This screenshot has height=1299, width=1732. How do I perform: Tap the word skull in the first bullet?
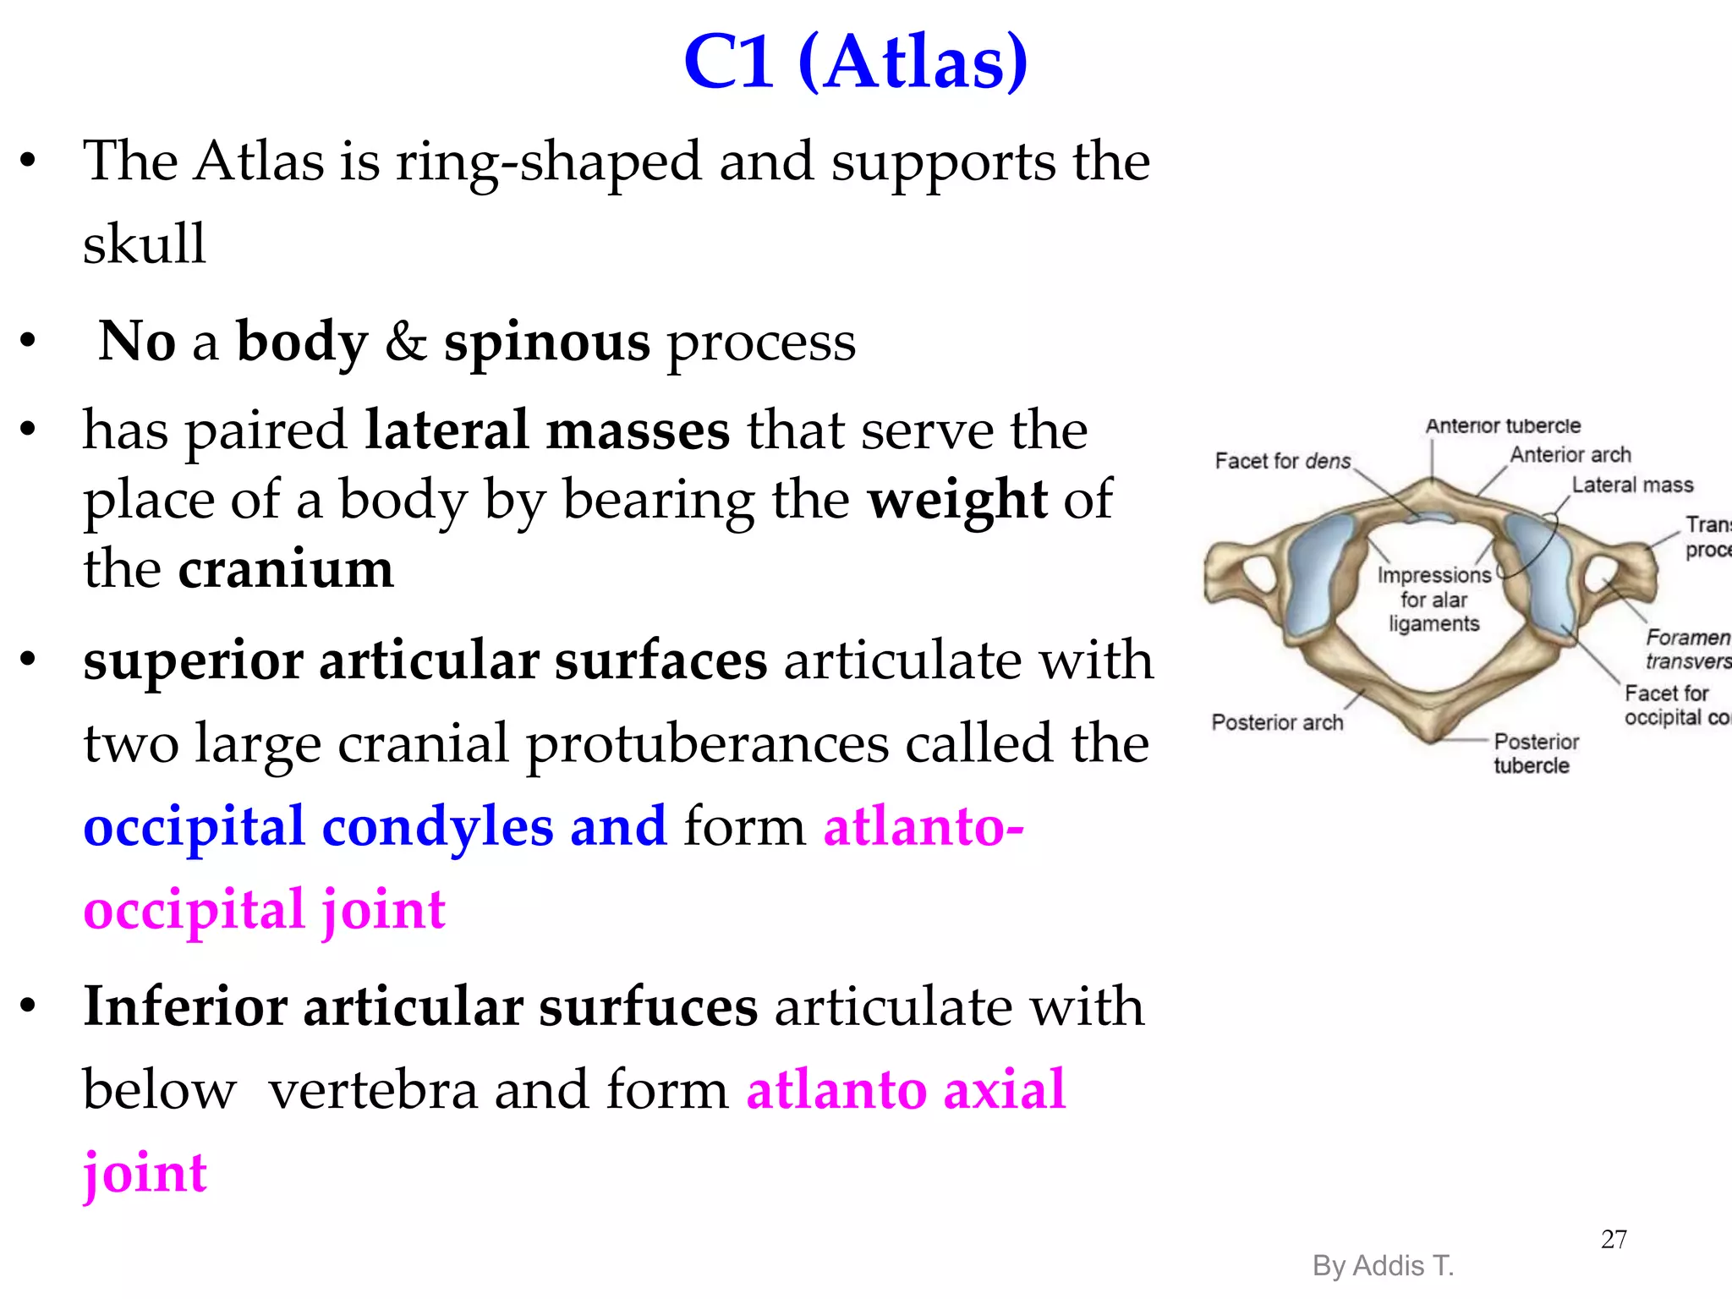tap(144, 244)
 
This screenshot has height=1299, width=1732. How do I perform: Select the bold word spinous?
tap(546, 342)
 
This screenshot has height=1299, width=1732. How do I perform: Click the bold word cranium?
tap(286, 568)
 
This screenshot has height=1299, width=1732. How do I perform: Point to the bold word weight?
tap(957, 499)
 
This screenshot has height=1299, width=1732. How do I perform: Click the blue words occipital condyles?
tap(318, 826)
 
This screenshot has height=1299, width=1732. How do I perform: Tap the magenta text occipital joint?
tap(264, 910)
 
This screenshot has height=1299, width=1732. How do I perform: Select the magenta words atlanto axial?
tap(905, 1089)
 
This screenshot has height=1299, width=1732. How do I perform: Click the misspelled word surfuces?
tap(648, 1006)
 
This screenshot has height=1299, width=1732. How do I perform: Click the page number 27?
tap(1614, 1239)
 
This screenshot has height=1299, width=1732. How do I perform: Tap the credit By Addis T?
tap(1383, 1266)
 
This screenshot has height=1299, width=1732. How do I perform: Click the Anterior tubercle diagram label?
tap(1503, 426)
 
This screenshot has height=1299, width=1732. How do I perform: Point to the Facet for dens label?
tap(1283, 461)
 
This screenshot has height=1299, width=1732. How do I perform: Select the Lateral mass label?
tap(1632, 485)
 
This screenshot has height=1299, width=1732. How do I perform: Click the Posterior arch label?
tap(1277, 722)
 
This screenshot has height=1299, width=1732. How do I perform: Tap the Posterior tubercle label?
tap(1535, 753)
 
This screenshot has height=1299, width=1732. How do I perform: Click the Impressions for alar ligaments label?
tap(1433, 600)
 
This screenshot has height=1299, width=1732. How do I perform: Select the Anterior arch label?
tap(1570, 455)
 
